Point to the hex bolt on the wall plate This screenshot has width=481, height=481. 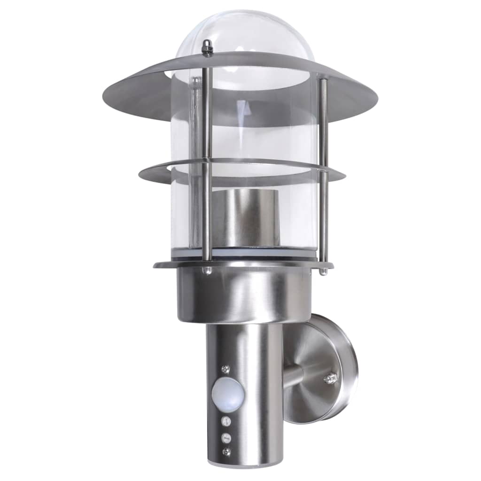(x=331, y=377)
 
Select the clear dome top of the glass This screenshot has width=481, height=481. (x=244, y=33)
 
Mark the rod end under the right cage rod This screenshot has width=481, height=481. (x=323, y=272)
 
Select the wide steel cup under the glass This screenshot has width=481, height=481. (x=244, y=296)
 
